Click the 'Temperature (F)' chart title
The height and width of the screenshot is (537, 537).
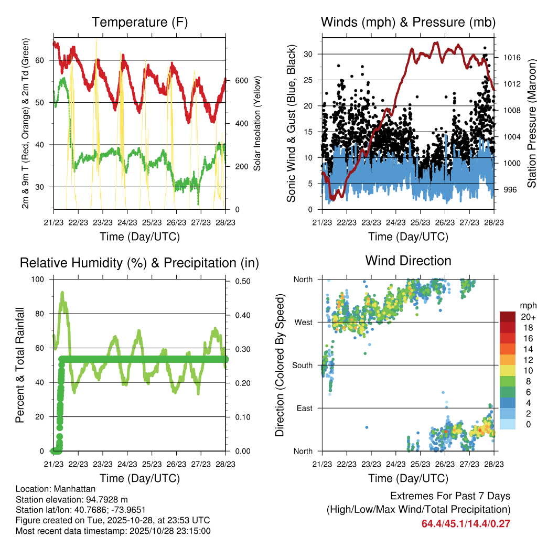(139, 23)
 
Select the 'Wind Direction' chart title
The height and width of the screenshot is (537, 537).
(408, 261)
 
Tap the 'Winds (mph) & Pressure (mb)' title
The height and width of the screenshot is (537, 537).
(408, 23)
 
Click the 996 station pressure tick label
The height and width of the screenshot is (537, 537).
(509, 189)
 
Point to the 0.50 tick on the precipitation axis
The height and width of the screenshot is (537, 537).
(241, 281)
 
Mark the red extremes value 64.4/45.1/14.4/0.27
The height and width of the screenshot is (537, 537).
(466, 523)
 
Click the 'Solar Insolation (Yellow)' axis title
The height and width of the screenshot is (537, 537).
(257, 123)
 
